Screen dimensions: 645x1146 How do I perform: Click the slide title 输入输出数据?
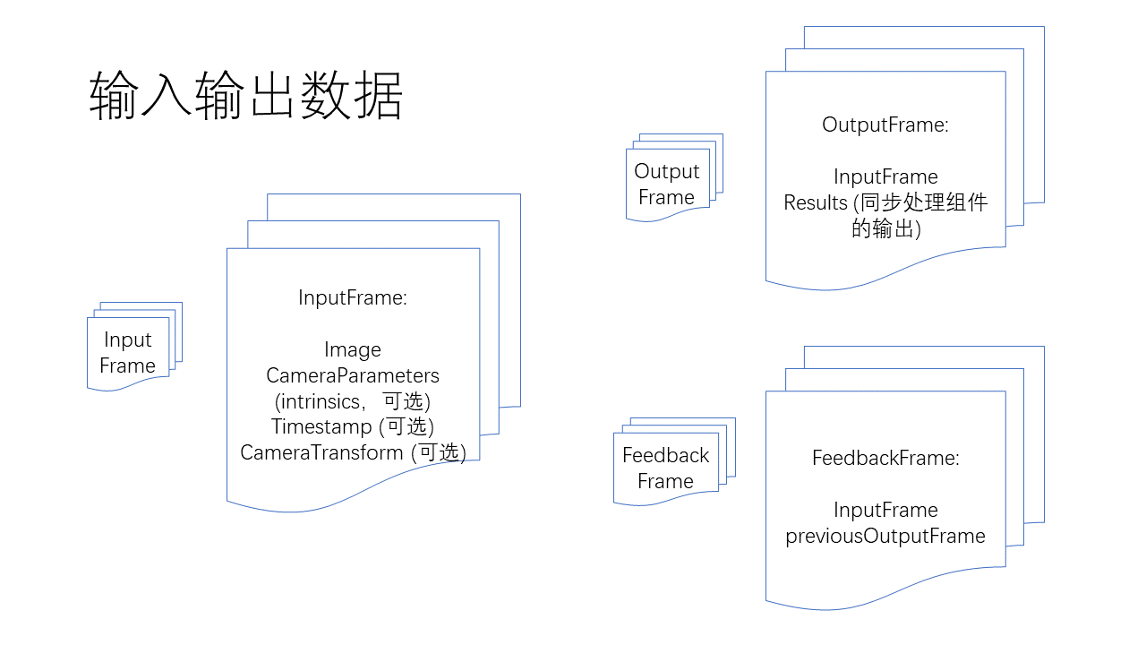pyautogui.click(x=246, y=96)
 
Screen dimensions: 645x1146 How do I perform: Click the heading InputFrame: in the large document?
pyautogui.click(x=353, y=298)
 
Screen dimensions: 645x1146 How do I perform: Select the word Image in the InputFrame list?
pyautogui.click(x=353, y=350)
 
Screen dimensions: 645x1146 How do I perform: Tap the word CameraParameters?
pyautogui.click(x=353, y=375)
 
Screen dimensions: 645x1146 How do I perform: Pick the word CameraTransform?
pyautogui.click(x=321, y=452)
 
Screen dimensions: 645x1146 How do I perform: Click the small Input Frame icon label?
pyautogui.click(x=128, y=353)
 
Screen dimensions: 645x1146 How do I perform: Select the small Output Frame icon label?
pyautogui.click(x=666, y=185)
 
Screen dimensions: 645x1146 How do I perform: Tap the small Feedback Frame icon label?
pyautogui.click(x=665, y=468)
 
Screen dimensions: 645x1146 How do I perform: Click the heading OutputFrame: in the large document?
pyautogui.click(x=885, y=125)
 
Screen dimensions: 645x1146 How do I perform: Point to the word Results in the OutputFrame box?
pyautogui.click(x=816, y=202)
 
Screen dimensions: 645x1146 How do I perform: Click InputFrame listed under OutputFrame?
pyautogui.click(x=885, y=176)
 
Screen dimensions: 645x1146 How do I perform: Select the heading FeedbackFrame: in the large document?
pyautogui.click(x=885, y=459)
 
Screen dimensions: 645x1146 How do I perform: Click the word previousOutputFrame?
pyautogui.click(x=885, y=537)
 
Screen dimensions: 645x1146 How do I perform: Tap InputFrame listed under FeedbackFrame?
pyautogui.click(x=885, y=511)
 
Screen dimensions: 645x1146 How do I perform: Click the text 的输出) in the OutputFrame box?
pyautogui.click(x=885, y=228)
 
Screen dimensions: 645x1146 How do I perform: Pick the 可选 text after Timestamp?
pyautogui.click(x=407, y=426)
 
